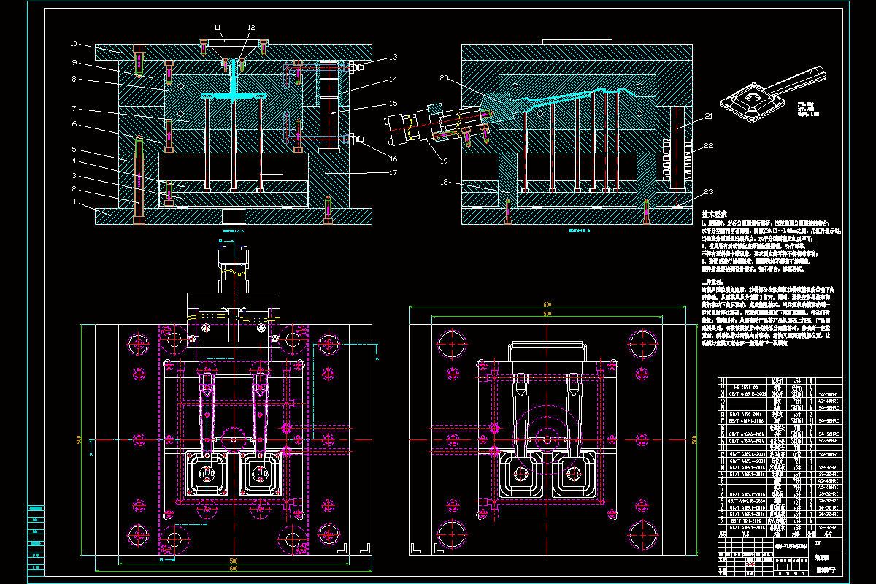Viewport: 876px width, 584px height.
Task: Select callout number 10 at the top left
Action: (x=74, y=44)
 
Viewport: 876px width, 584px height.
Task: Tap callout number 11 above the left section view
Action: (x=218, y=28)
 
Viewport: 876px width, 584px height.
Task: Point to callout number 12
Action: (x=250, y=28)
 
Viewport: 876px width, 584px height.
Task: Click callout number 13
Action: (x=393, y=57)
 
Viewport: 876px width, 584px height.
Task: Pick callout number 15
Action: (x=393, y=103)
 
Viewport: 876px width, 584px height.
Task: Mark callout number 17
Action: (x=393, y=173)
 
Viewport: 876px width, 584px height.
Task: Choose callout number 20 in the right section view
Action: (x=443, y=77)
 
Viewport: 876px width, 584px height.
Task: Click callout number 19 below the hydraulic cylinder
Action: (x=443, y=159)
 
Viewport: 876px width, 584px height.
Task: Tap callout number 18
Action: (x=445, y=182)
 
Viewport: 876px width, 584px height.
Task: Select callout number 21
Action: (x=708, y=118)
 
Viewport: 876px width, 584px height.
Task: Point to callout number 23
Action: (x=708, y=192)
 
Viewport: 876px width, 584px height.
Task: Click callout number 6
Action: (x=74, y=125)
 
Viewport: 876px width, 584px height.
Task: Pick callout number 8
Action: (x=74, y=79)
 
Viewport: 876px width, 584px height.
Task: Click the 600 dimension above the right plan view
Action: (x=546, y=305)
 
